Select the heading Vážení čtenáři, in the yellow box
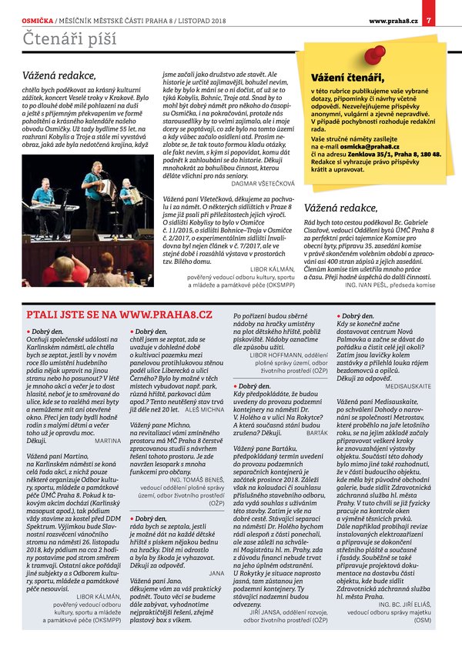pos(346,78)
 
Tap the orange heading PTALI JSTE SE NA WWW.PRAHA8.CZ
pos(119,314)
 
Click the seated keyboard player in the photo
pos(43,196)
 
